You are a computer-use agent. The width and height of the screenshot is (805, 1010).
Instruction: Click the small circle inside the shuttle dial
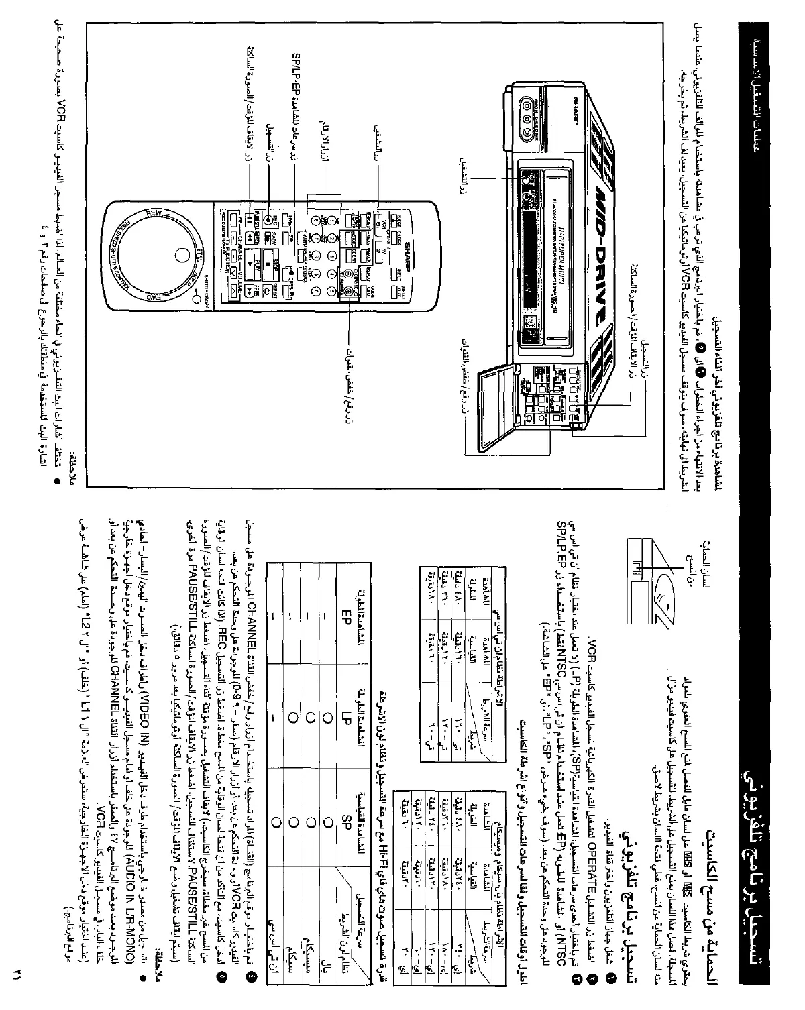pyautogui.click(x=180, y=255)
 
